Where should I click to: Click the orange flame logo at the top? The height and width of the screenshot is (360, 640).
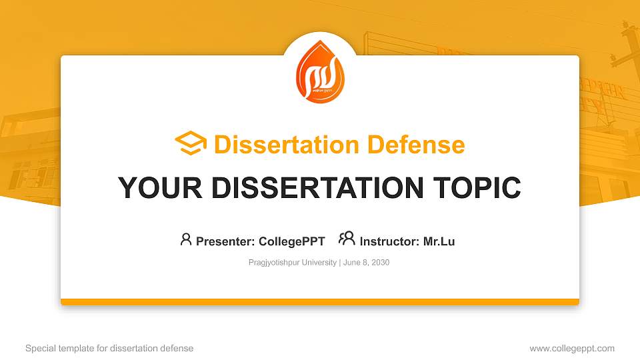coord(320,71)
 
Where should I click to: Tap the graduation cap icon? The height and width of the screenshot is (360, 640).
coord(191,144)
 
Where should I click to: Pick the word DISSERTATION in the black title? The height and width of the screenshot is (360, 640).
coord(312,188)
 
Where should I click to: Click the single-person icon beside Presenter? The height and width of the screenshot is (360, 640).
coord(186,239)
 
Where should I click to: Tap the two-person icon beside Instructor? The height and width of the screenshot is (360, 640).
coord(347,239)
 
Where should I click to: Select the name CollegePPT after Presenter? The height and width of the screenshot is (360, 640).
coord(293,241)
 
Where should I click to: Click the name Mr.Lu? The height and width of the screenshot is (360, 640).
coord(439,241)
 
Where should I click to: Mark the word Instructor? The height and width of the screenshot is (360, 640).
coord(390,241)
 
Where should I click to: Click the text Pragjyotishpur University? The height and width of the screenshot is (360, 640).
coord(293,263)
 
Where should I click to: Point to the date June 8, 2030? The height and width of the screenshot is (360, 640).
coord(366,263)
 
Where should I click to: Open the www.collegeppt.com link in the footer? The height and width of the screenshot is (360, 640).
coord(572,348)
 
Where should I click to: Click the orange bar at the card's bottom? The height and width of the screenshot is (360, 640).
coord(320,302)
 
